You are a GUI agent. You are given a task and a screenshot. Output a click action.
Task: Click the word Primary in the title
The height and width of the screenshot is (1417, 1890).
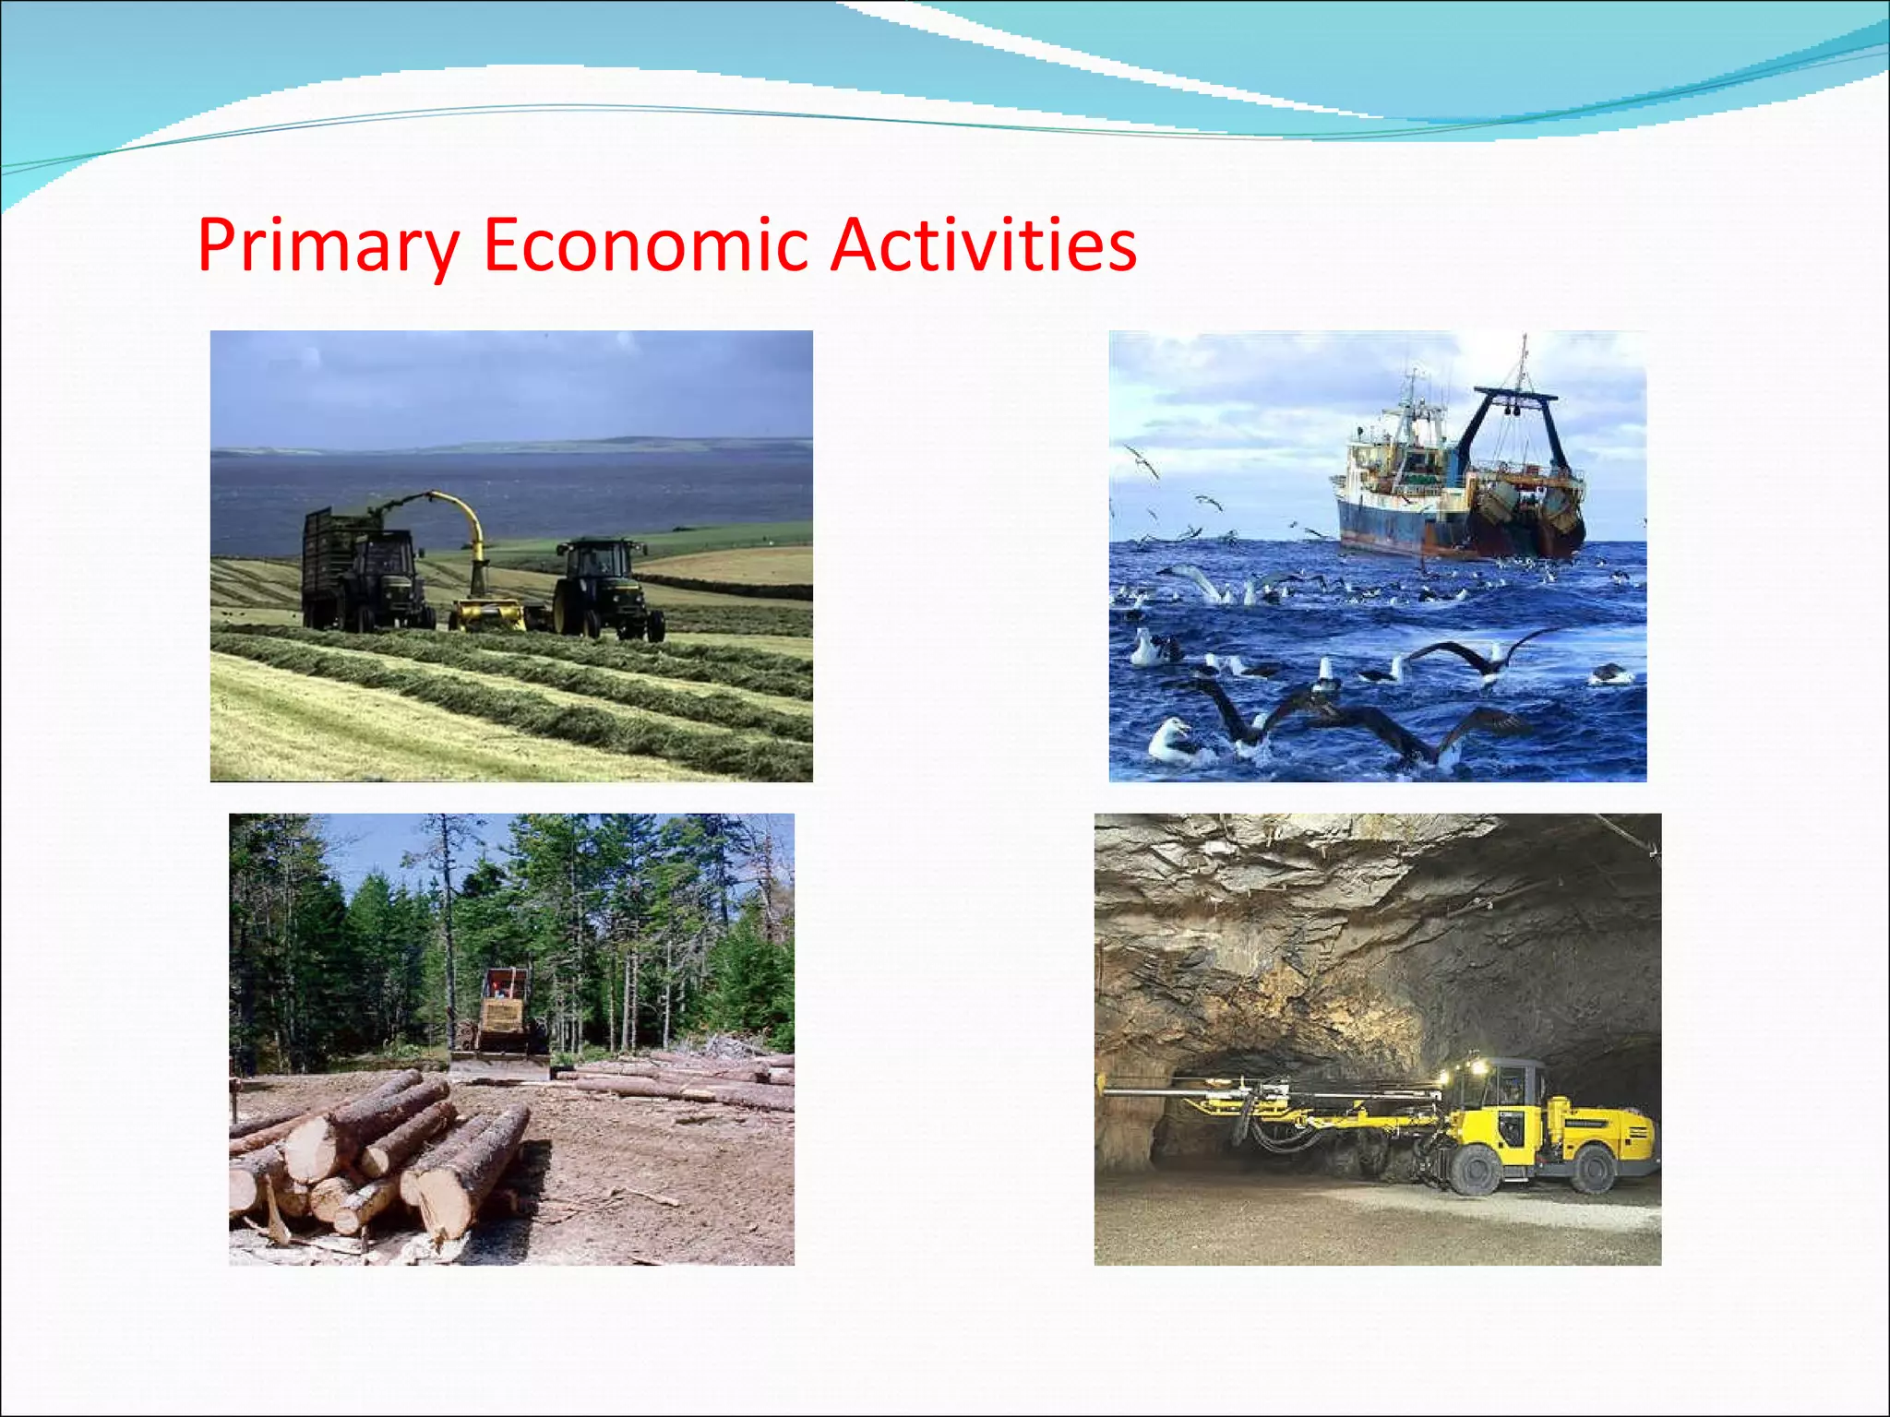pos(328,245)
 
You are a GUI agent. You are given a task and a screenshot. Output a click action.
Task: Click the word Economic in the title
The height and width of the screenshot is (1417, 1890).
pos(646,245)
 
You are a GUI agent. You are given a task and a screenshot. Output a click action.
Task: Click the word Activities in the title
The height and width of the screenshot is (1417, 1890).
pos(983,245)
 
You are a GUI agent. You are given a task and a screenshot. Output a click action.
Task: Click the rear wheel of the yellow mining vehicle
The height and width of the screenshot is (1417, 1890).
pos(1593,1168)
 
